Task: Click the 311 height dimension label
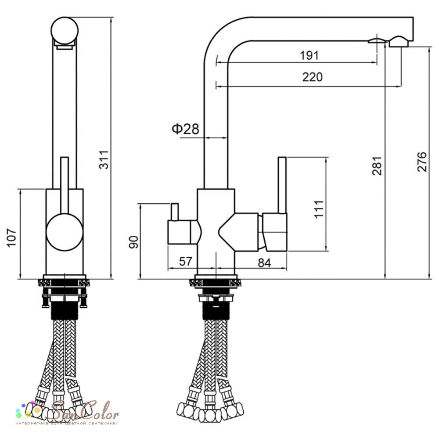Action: click(x=104, y=160)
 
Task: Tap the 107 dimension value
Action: click(x=12, y=237)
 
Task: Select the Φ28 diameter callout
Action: click(x=185, y=129)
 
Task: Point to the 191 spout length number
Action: click(x=309, y=55)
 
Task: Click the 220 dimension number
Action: click(x=313, y=77)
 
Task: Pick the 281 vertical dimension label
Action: click(x=377, y=166)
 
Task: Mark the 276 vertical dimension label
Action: click(x=422, y=162)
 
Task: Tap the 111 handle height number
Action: click(x=319, y=209)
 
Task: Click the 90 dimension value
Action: click(x=133, y=242)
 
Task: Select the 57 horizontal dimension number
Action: click(x=186, y=261)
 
